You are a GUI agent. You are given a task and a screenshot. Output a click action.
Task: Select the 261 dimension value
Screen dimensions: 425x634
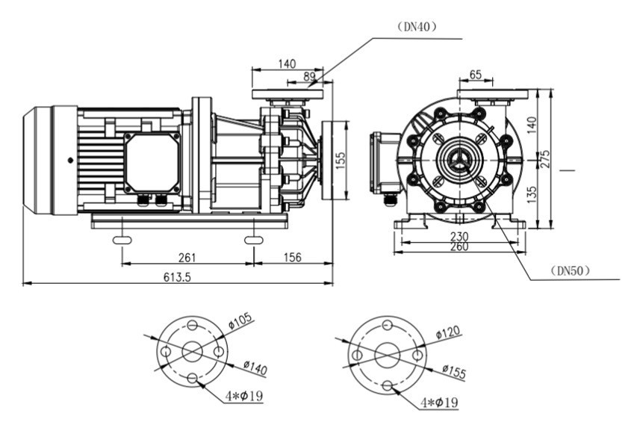[x=187, y=258]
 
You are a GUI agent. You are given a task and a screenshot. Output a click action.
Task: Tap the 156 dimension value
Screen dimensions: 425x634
[x=293, y=258]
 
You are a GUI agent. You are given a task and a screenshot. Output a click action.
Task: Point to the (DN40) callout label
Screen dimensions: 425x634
[x=416, y=25]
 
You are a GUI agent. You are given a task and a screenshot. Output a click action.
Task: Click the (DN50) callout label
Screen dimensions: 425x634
[x=569, y=270]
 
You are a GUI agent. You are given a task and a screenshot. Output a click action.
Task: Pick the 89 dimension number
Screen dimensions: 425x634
[x=310, y=76]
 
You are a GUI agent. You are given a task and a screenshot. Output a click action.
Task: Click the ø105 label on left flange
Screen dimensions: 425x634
[x=240, y=321]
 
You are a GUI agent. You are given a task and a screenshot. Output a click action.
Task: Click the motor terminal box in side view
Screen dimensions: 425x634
[x=152, y=163]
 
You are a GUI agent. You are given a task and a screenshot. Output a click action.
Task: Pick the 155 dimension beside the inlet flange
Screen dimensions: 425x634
[x=341, y=161]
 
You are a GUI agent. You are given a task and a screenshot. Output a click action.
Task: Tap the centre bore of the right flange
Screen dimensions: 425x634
[x=387, y=354]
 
